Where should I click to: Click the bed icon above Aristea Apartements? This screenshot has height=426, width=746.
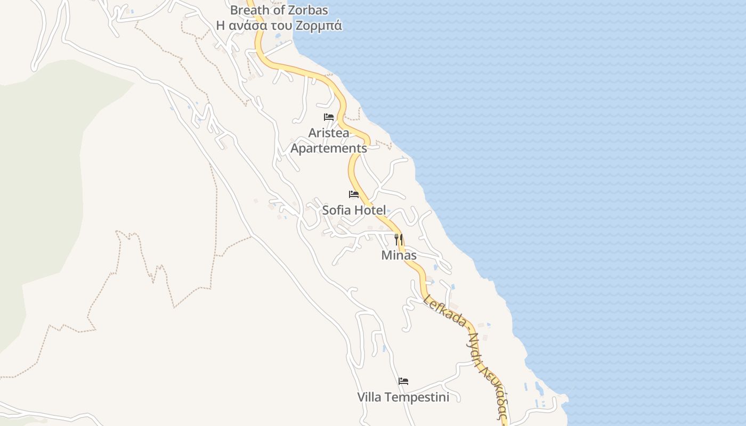coord(329,117)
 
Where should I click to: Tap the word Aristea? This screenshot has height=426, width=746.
coord(329,133)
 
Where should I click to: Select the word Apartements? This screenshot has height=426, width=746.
coord(329,148)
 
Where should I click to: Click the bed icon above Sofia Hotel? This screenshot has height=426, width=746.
coord(354,194)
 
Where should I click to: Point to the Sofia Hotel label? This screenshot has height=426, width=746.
coord(354,210)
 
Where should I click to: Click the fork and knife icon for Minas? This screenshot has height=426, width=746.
coord(399,240)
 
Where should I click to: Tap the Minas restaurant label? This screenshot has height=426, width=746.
coord(399,255)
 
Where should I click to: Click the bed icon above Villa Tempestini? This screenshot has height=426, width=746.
coord(403,381)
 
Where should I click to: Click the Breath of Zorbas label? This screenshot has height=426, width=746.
coord(279,10)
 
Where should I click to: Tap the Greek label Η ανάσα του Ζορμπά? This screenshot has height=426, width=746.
coord(279,25)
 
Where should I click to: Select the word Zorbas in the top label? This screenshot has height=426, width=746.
coord(307,10)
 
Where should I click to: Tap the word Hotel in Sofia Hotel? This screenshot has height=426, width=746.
coord(369,210)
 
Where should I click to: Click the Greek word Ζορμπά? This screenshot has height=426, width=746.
coord(321,25)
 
